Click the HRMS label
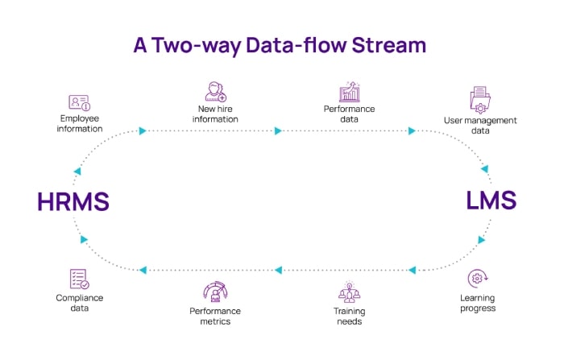pyautogui.click(x=73, y=201)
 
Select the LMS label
pyautogui.click(x=491, y=201)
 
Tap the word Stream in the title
pyautogui.click(x=389, y=45)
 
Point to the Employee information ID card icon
pyautogui.click(x=80, y=103)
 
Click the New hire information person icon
pyautogui.click(x=215, y=92)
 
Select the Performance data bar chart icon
pyautogui.click(x=349, y=92)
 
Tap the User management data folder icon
pyautogui.click(x=480, y=100)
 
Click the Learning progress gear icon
pyautogui.click(x=478, y=279)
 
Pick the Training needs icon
pyautogui.click(x=349, y=292)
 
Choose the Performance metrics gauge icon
pyautogui.click(x=215, y=292)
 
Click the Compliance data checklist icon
pyautogui.click(x=80, y=279)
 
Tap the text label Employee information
pyautogui.click(x=80, y=124)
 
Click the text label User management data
pyautogui.click(x=480, y=126)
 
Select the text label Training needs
pyautogui.click(x=349, y=317)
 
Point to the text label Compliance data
pyautogui.click(x=80, y=303)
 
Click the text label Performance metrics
pyautogui.click(x=215, y=317)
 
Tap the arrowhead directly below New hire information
pyautogui.click(x=278, y=131)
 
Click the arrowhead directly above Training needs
pyautogui.click(x=413, y=270)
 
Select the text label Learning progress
pyautogui.click(x=478, y=303)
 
